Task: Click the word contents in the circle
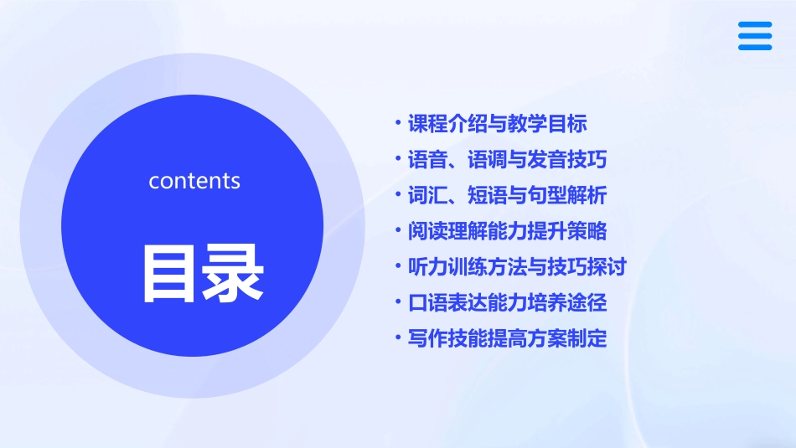pyautogui.click(x=194, y=181)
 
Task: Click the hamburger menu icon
pyautogui.click(x=755, y=36)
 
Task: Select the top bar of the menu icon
pyautogui.click(x=755, y=25)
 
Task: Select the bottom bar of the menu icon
pyautogui.click(x=755, y=47)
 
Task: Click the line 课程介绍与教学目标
pyautogui.click(x=497, y=124)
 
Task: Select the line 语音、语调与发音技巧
pyautogui.click(x=507, y=159)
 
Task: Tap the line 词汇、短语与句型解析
pyautogui.click(x=507, y=195)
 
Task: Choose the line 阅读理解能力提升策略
pyautogui.click(x=507, y=231)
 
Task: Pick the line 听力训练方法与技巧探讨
pyautogui.click(x=517, y=267)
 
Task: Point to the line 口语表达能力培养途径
pyautogui.click(x=507, y=302)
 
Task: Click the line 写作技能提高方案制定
pyautogui.click(x=507, y=338)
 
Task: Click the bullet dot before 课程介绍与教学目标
pyautogui.click(x=399, y=124)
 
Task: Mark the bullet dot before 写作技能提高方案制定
pyautogui.click(x=399, y=338)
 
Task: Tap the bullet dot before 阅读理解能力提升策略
pyautogui.click(x=399, y=231)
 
